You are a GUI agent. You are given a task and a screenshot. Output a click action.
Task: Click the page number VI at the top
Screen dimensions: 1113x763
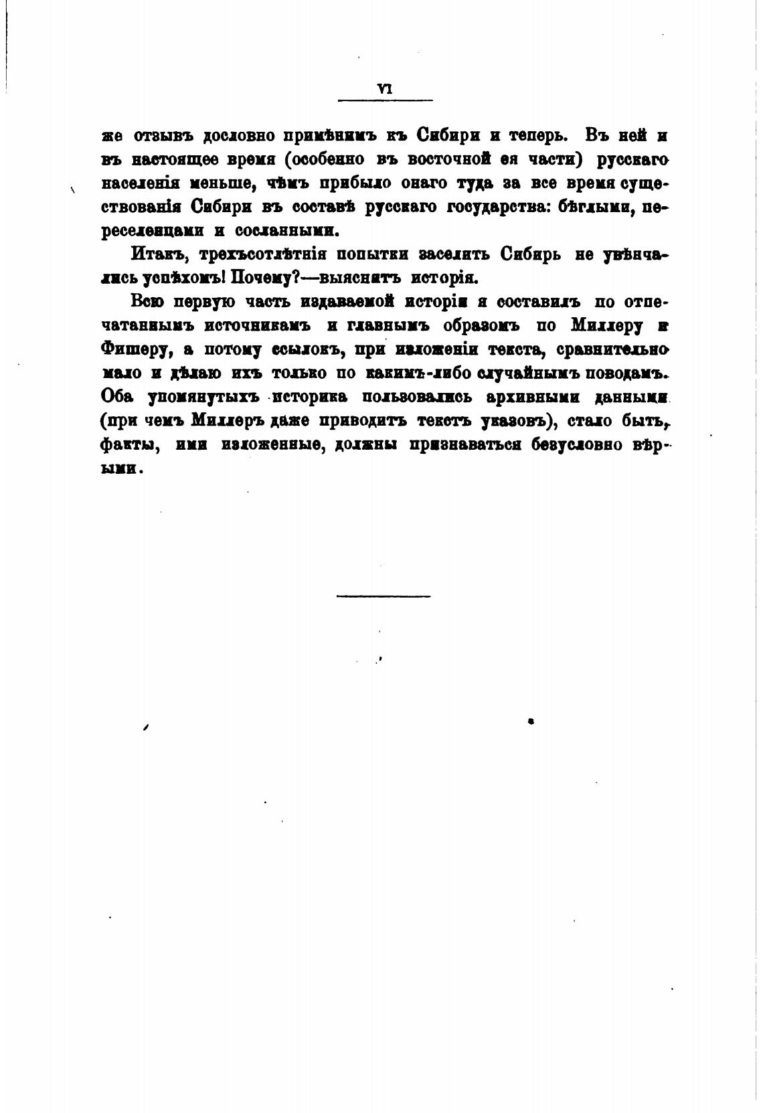(x=385, y=87)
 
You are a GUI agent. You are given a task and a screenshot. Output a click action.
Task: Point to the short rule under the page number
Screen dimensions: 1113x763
(x=386, y=100)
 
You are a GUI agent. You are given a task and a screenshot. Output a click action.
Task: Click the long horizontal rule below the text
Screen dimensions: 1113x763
(x=384, y=595)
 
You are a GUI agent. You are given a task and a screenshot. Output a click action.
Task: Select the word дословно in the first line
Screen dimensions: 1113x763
(x=240, y=135)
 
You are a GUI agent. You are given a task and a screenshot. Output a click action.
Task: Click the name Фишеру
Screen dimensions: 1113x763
(x=135, y=350)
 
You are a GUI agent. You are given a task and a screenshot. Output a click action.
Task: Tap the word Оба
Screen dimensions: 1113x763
(x=119, y=397)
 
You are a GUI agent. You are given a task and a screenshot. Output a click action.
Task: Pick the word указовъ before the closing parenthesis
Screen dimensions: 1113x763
(x=517, y=421)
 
